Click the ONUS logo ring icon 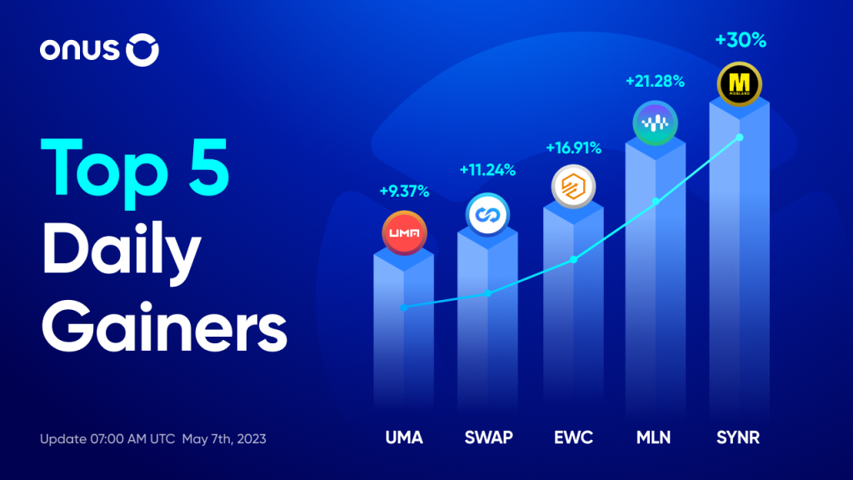(x=142, y=52)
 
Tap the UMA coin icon (x=404, y=232)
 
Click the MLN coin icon (x=655, y=123)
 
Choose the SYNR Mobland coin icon (x=739, y=84)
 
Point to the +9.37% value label (x=404, y=192)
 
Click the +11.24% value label (x=487, y=171)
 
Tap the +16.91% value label (x=573, y=148)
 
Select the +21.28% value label (x=655, y=82)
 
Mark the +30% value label (x=738, y=39)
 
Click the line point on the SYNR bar (x=740, y=137)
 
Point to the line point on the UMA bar (x=404, y=307)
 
